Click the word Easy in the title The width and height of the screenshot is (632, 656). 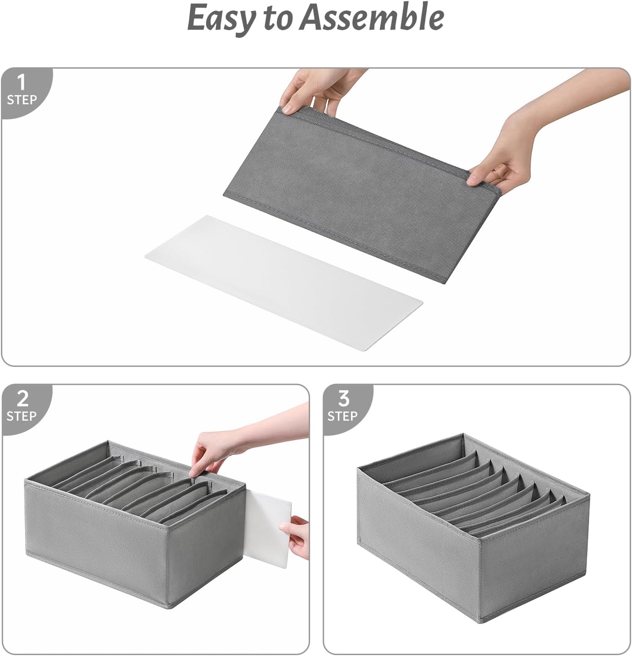coord(221,18)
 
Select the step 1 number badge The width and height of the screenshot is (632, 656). coord(21,83)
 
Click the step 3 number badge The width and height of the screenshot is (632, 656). coord(343,399)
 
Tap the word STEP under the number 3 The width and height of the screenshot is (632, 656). coord(342,416)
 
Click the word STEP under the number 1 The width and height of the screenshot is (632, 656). coord(21,100)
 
